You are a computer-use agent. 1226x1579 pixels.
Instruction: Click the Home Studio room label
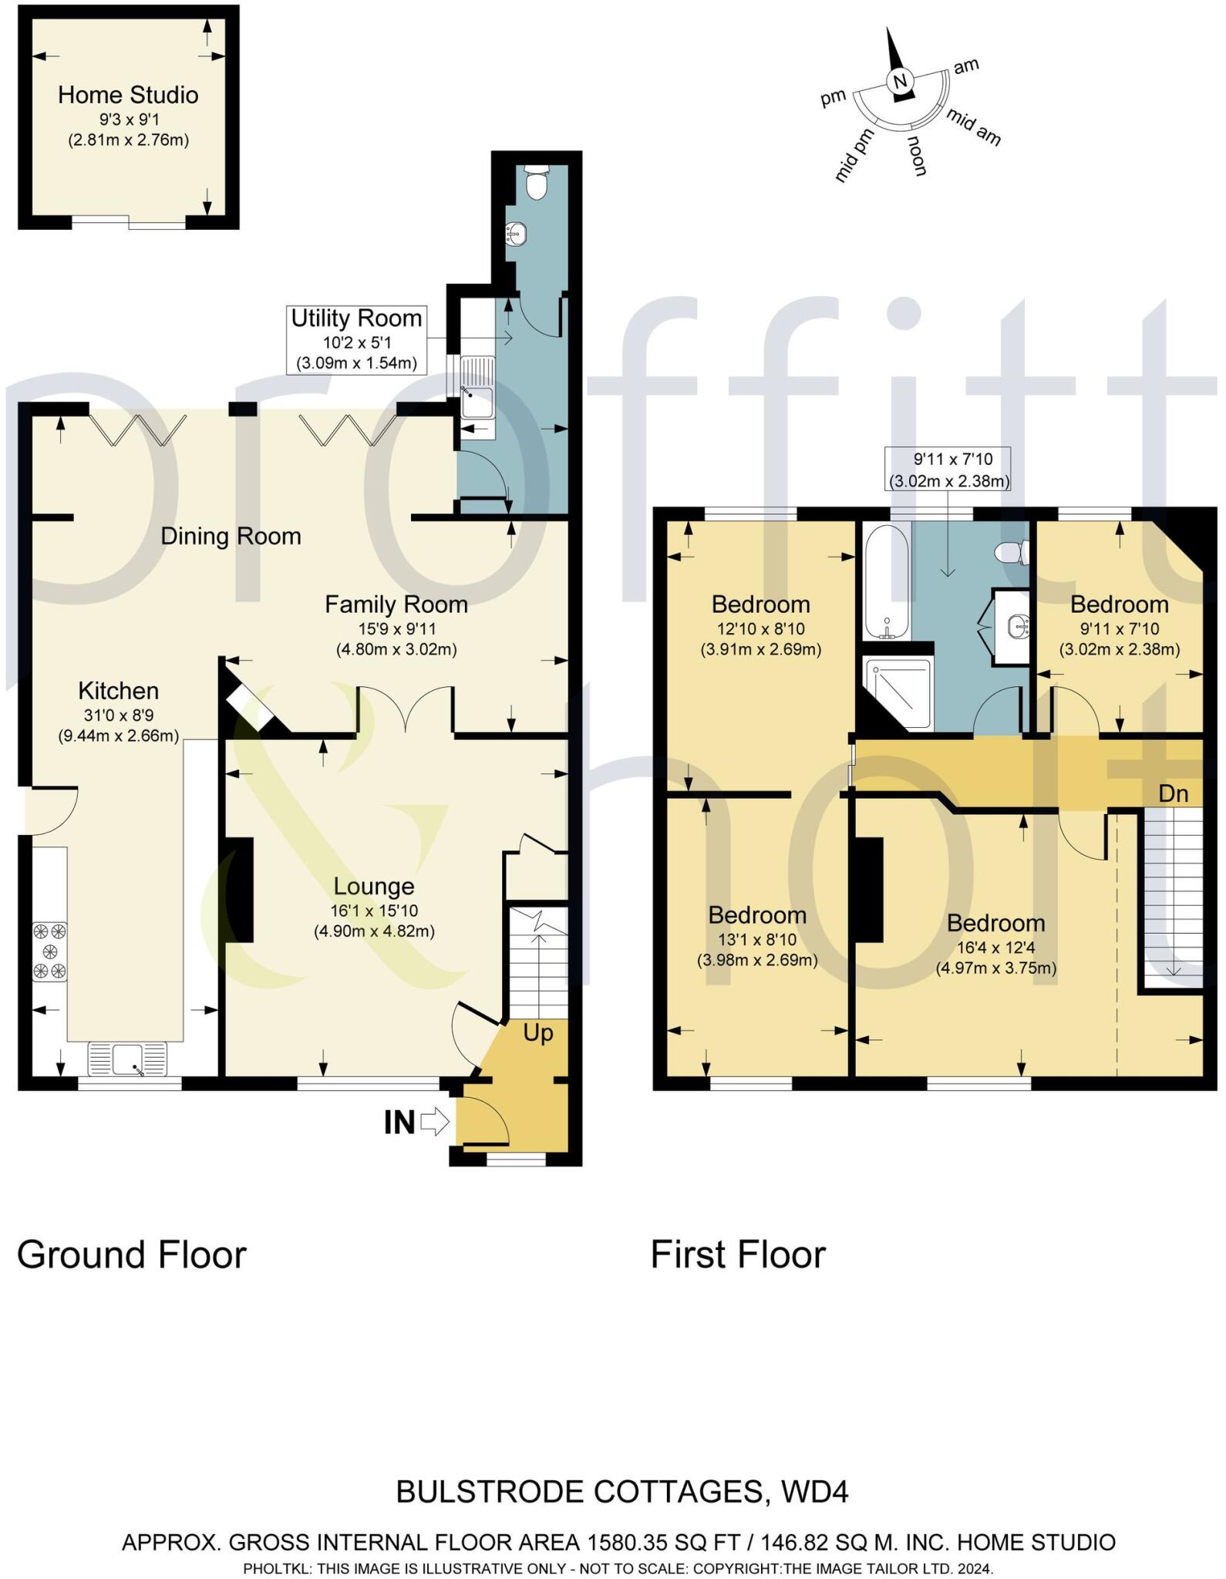click(128, 96)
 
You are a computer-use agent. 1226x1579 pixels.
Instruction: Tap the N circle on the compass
click(900, 81)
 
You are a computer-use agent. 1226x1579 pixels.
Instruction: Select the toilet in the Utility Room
click(534, 183)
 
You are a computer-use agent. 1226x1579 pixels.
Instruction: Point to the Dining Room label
click(231, 537)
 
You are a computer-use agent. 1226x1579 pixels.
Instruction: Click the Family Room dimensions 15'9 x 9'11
click(396, 628)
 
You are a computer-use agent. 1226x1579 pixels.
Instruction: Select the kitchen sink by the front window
click(127, 1058)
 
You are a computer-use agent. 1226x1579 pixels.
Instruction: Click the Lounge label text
click(374, 887)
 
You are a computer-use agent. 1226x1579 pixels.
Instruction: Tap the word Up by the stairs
click(538, 1033)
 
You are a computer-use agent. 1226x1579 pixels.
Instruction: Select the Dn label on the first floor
click(1174, 793)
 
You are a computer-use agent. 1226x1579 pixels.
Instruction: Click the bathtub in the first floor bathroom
click(887, 582)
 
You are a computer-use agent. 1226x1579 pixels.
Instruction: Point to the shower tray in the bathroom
click(898, 694)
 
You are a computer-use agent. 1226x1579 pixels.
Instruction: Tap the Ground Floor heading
click(132, 1255)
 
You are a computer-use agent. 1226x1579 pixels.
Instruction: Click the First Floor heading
click(738, 1255)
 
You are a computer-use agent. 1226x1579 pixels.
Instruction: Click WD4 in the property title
click(814, 1493)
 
